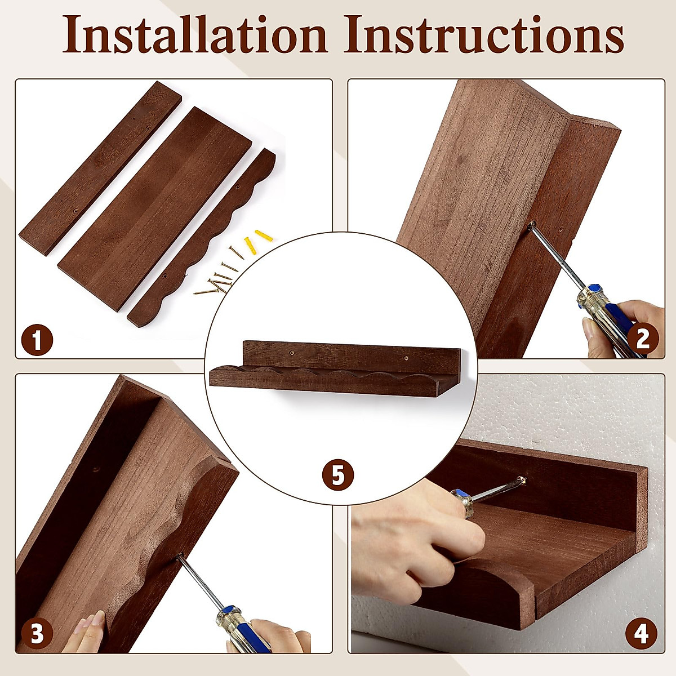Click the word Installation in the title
[x=195, y=35]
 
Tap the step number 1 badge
[x=37, y=340]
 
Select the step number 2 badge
[x=643, y=339]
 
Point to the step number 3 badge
[x=37, y=634]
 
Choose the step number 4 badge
[x=642, y=633]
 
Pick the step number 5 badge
[x=338, y=475]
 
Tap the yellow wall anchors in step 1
[x=257, y=241]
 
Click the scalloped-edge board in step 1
[x=202, y=238]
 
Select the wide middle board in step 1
[x=154, y=209]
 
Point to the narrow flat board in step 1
[x=100, y=168]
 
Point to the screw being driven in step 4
[x=522, y=480]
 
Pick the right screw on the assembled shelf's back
[x=406, y=358]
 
